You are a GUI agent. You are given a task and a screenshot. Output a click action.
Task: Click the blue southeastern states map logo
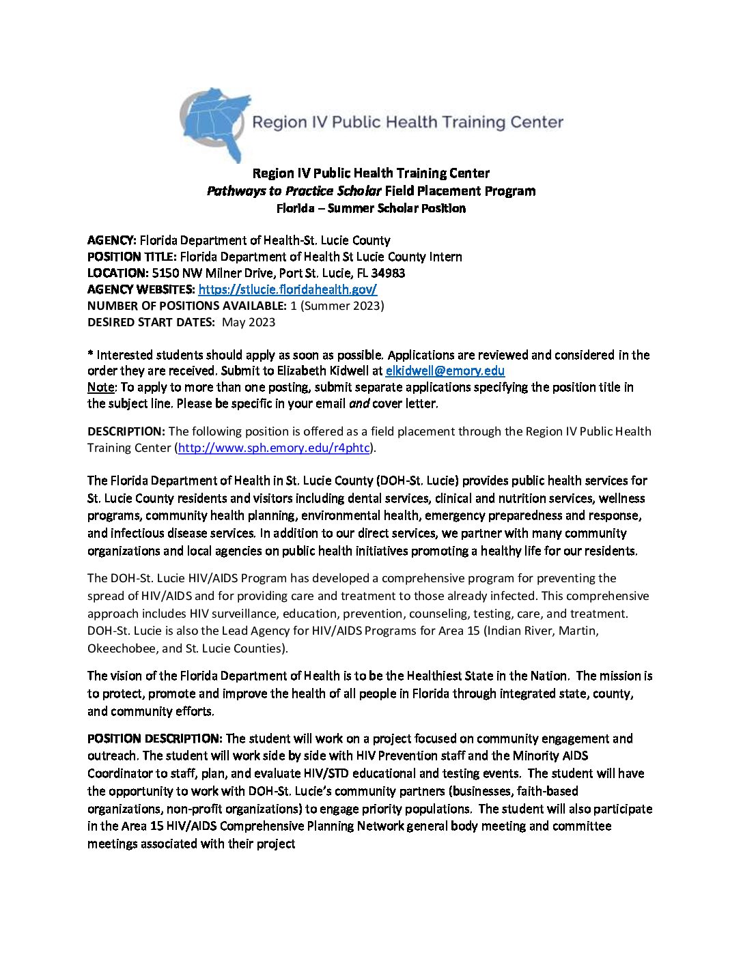(213, 123)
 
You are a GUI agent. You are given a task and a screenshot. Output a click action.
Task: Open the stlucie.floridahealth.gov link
(288, 289)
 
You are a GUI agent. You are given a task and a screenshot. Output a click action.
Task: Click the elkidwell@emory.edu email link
(445, 371)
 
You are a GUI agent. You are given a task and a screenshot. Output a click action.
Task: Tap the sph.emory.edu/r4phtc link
(273, 448)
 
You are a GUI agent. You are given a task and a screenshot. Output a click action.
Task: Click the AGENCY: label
(112, 240)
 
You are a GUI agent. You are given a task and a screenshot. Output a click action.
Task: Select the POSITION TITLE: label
(132, 257)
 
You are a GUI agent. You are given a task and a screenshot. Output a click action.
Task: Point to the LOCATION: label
(117, 273)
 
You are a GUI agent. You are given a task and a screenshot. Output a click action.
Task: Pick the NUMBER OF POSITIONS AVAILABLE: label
(186, 306)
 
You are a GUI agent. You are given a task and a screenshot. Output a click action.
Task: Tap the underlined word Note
(100, 388)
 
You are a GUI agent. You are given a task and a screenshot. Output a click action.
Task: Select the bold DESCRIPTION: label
(126, 431)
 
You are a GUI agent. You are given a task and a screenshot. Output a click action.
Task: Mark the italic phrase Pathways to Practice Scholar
(294, 191)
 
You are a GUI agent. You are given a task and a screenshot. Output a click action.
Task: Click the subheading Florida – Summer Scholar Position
(371, 208)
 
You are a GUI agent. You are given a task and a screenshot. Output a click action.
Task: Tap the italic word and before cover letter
(359, 404)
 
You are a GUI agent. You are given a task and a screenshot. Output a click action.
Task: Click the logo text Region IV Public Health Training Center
(408, 123)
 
